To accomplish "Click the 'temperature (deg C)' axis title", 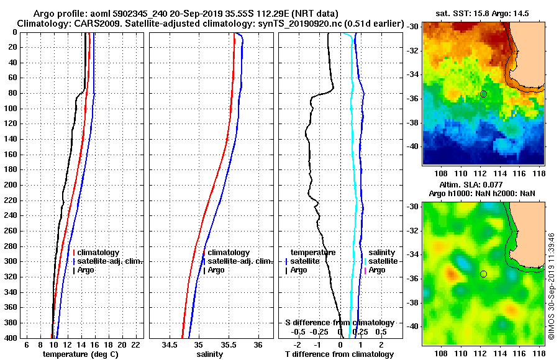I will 80,354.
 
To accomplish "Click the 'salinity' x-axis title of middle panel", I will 210,354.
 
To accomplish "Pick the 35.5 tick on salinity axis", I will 229,344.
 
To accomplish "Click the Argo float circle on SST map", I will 483,94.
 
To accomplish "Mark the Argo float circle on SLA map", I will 483,274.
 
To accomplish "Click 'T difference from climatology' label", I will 339,354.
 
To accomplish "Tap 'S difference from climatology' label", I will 339,323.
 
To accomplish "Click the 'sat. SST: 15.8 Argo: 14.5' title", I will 483,12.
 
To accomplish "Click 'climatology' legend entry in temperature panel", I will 99,253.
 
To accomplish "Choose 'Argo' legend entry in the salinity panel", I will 216,270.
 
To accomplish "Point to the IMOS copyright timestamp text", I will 551,288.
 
